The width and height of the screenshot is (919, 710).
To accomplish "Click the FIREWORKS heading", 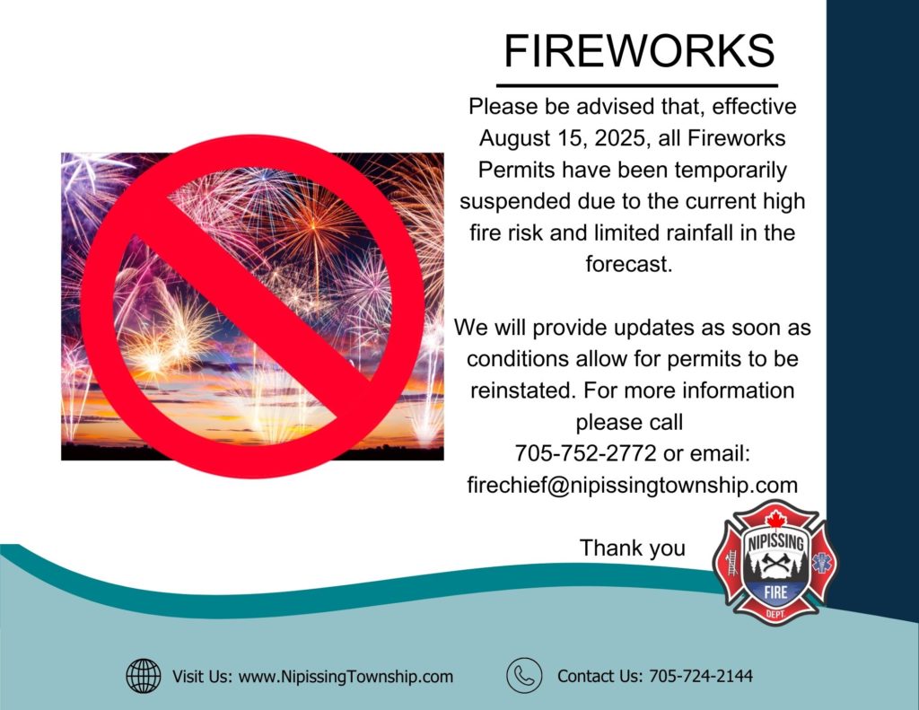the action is (x=639, y=50).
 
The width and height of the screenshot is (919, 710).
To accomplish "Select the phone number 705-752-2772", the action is (x=585, y=453).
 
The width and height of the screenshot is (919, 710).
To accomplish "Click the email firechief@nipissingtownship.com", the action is (x=633, y=486).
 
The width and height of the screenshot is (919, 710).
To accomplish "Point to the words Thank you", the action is (x=633, y=548).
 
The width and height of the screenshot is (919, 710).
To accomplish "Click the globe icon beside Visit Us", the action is (x=144, y=675).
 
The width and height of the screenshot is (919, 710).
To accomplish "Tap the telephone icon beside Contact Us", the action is (x=524, y=675).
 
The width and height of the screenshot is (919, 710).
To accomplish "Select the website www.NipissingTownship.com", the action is (x=346, y=677).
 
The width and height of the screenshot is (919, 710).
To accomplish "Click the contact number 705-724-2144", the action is (x=700, y=676).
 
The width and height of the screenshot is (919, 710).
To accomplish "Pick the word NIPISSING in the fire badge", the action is (x=775, y=541).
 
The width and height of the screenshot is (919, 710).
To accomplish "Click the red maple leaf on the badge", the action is (x=776, y=520).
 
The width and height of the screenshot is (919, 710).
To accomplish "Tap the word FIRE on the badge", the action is (x=775, y=592).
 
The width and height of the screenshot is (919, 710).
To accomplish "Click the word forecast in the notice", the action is (x=628, y=264).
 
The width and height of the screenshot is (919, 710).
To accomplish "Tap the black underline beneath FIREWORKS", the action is (x=637, y=85).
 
